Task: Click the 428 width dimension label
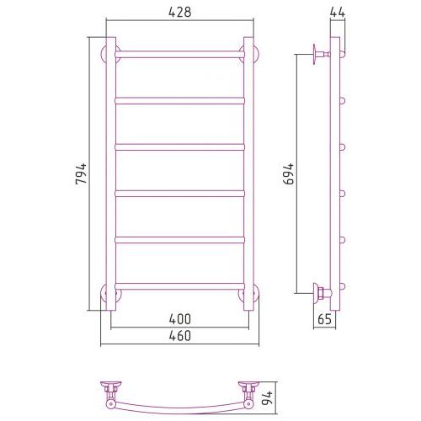point(180,12)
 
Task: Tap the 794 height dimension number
point(81,173)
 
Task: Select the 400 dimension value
point(180,319)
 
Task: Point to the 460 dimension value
point(180,336)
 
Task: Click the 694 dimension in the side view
point(289,173)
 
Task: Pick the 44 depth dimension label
point(337,12)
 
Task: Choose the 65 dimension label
point(325,319)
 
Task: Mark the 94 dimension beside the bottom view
point(267,398)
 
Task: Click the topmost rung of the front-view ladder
point(179,54)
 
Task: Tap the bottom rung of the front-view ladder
point(179,286)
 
